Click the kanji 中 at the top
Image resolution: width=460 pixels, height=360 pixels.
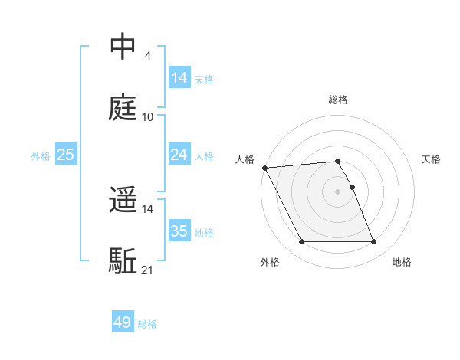123,47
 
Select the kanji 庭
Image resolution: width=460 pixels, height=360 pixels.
123,108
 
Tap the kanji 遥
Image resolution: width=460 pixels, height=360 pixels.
123,201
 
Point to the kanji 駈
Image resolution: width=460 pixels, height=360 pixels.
123,261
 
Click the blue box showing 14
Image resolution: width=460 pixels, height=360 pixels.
179,78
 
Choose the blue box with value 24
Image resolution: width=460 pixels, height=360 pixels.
179,155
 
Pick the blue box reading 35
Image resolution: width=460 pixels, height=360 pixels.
179,231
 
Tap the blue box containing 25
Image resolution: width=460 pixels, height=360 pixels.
65,155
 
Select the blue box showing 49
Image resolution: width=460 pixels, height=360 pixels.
123,323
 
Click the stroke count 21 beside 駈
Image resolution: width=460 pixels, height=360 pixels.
148,270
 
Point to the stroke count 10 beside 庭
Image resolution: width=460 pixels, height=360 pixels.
148,116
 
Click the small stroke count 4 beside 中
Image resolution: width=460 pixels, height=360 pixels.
147,55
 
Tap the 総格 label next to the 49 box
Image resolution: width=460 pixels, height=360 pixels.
147,324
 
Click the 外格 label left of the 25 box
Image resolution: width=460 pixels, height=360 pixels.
41,155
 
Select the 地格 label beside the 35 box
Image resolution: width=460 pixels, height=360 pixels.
204,232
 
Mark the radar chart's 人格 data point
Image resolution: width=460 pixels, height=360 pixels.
264,168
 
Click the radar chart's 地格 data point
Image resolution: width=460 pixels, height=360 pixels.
373,242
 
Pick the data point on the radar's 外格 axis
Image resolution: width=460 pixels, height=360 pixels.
301,242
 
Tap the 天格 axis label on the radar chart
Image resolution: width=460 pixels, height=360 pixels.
432,159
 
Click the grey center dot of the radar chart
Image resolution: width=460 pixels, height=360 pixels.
337,191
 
